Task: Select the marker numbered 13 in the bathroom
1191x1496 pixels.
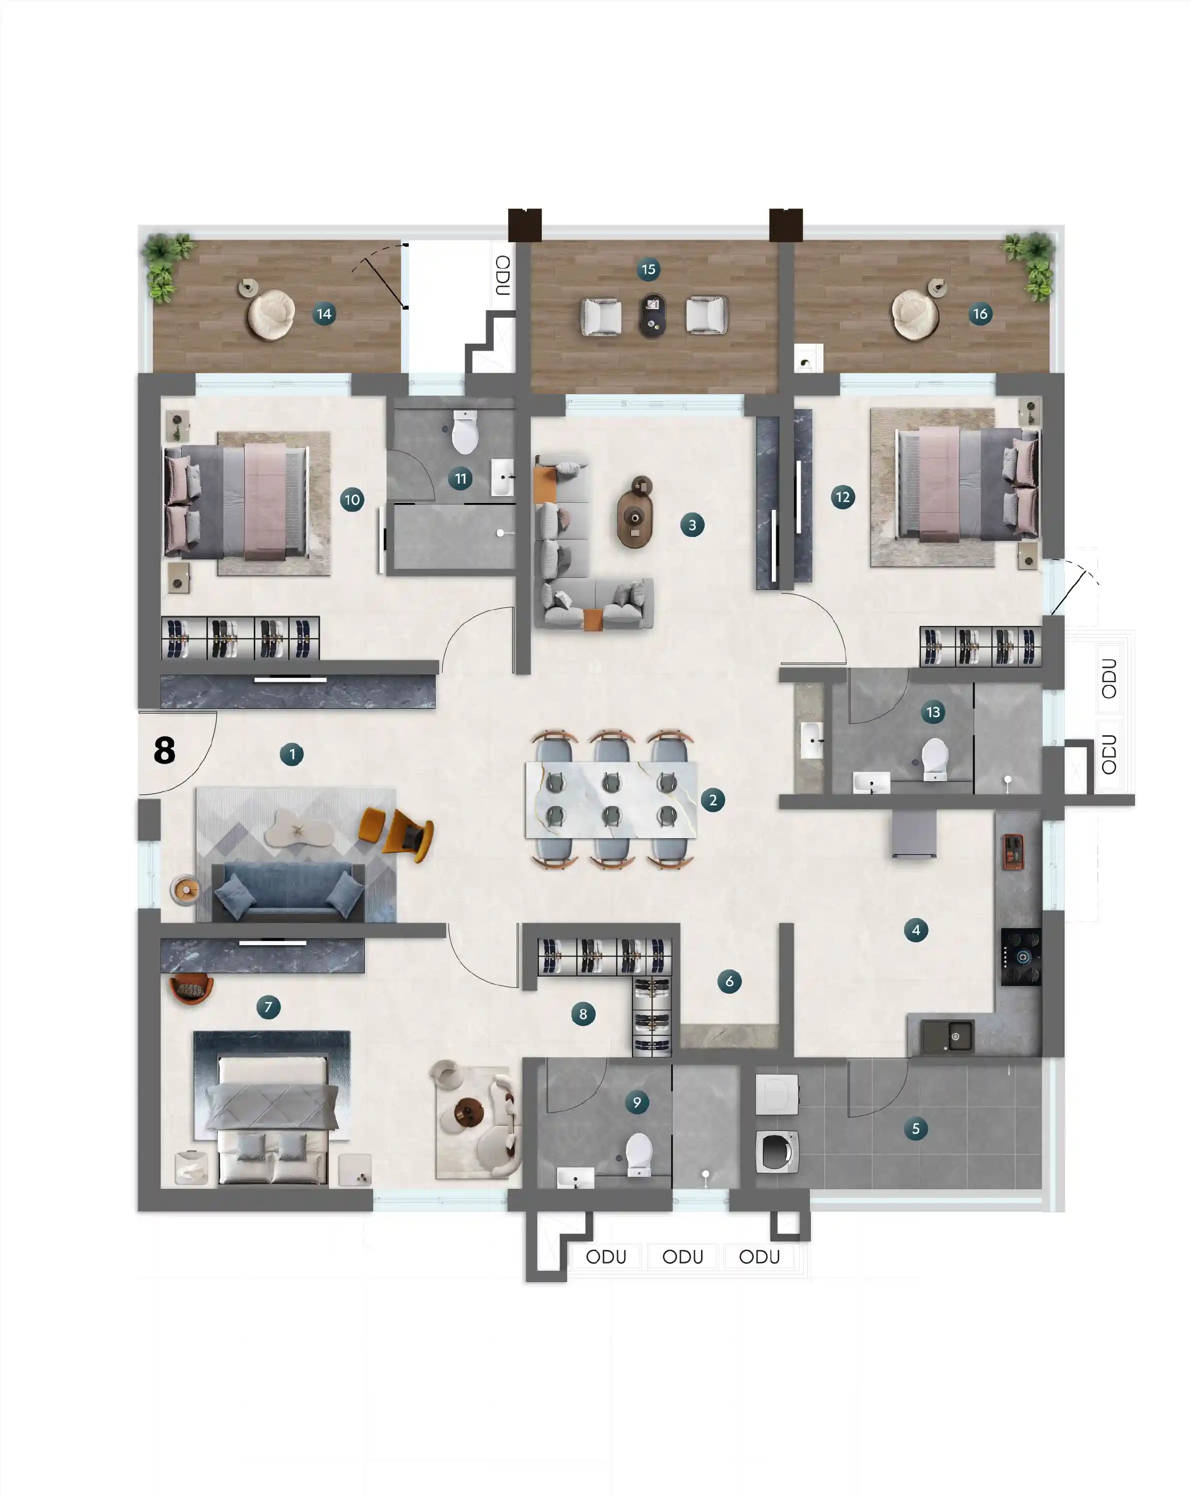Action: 932,712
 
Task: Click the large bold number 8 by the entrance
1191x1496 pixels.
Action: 164,750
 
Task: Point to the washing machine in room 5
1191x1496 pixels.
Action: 777,1151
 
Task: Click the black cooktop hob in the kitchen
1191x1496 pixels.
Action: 1020,957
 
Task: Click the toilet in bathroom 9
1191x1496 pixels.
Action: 638,1153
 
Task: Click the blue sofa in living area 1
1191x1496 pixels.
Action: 288,892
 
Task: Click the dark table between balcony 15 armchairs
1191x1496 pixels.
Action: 652,315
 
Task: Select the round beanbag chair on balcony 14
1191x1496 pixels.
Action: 271,314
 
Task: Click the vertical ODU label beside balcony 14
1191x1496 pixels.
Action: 503,275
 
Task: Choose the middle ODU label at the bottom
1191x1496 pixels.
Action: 682,1257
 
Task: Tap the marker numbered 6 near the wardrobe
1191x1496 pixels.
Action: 729,981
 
